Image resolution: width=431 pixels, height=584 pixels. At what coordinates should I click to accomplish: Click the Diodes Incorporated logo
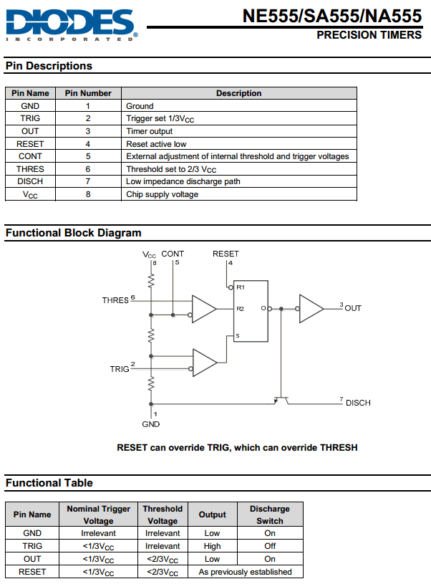point(72,25)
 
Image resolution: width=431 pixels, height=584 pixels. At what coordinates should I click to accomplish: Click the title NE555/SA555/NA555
point(332,16)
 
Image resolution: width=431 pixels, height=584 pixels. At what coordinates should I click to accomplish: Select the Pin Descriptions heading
point(49,66)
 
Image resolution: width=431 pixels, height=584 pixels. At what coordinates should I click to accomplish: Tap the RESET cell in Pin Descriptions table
point(30,144)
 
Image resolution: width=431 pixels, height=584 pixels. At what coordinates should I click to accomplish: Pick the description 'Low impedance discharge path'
point(183,181)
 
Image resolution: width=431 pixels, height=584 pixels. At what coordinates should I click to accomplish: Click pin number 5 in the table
point(88,156)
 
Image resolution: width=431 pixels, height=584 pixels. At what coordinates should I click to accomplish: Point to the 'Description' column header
point(239,93)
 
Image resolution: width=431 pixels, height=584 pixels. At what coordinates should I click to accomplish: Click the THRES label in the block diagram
point(115,300)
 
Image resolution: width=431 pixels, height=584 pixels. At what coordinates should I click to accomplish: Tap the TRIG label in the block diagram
point(120,369)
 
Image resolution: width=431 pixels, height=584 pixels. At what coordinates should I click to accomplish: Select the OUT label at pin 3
point(353,308)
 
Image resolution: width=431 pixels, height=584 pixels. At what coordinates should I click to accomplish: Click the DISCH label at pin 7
point(358,403)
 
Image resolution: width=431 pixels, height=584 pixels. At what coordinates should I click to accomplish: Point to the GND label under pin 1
point(151,424)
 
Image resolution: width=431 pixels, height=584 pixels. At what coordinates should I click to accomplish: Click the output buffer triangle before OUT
point(311,309)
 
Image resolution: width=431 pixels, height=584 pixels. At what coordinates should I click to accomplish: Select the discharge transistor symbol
point(281,401)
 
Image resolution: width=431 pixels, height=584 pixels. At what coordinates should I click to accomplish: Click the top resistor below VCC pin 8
point(151,281)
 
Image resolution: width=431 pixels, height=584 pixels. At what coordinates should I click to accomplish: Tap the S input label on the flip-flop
point(238,336)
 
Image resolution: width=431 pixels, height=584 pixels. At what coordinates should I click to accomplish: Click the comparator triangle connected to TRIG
point(205,363)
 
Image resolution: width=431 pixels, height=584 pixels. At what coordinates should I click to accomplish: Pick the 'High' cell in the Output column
point(212,546)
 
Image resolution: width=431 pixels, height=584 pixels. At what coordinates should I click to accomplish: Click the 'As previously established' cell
point(246,572)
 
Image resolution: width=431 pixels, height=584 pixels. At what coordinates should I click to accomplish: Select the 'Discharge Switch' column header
point(270,514)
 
